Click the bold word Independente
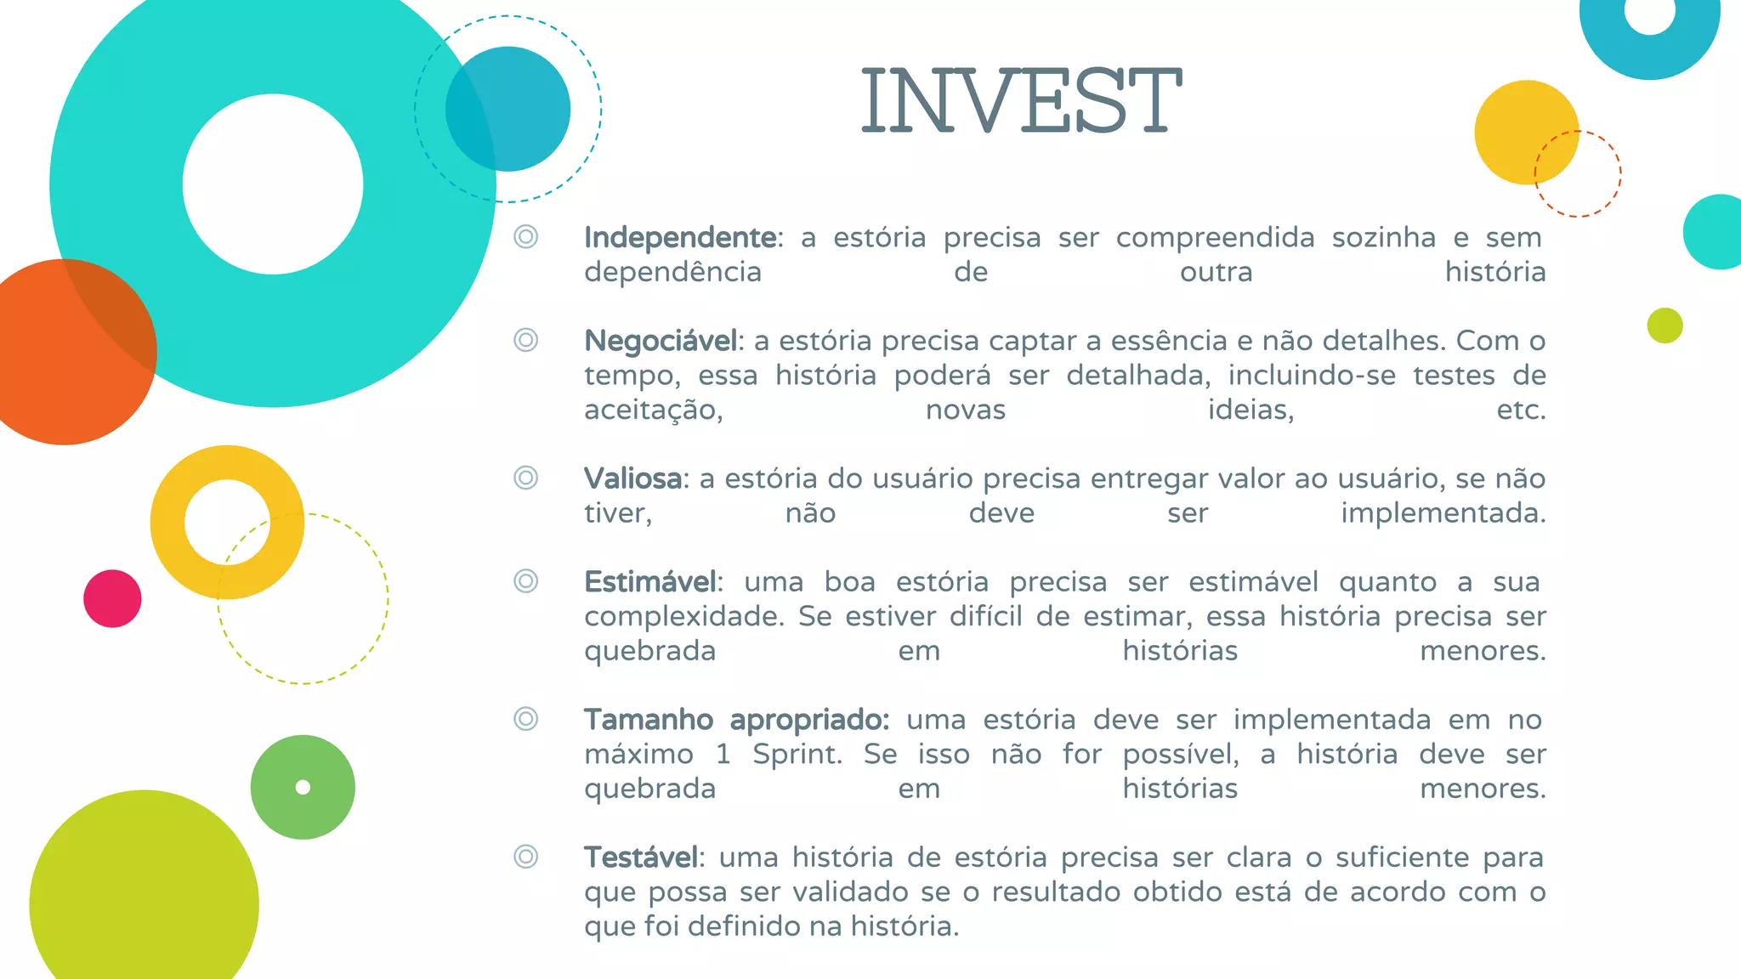679,238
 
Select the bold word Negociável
661,342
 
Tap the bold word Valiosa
632,479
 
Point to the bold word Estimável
650,583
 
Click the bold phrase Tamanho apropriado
736,721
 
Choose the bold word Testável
641,858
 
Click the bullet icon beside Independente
526,236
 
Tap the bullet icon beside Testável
526,856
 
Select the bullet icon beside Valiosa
526,478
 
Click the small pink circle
112,599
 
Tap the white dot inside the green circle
303,787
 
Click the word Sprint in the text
797,755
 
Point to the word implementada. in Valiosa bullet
1443,514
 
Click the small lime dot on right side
1664,325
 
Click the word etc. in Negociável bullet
1521,410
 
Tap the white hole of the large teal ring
273,184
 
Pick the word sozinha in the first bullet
1384,238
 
